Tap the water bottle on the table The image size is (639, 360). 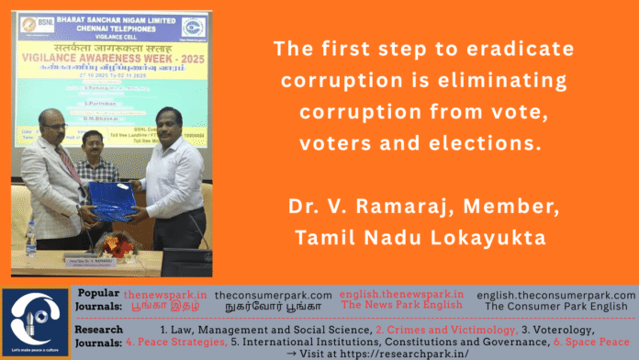[x=30, y=242]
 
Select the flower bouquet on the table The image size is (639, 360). [x=114, y=242]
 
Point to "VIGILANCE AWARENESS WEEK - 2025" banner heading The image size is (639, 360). [x=115, y=57]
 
